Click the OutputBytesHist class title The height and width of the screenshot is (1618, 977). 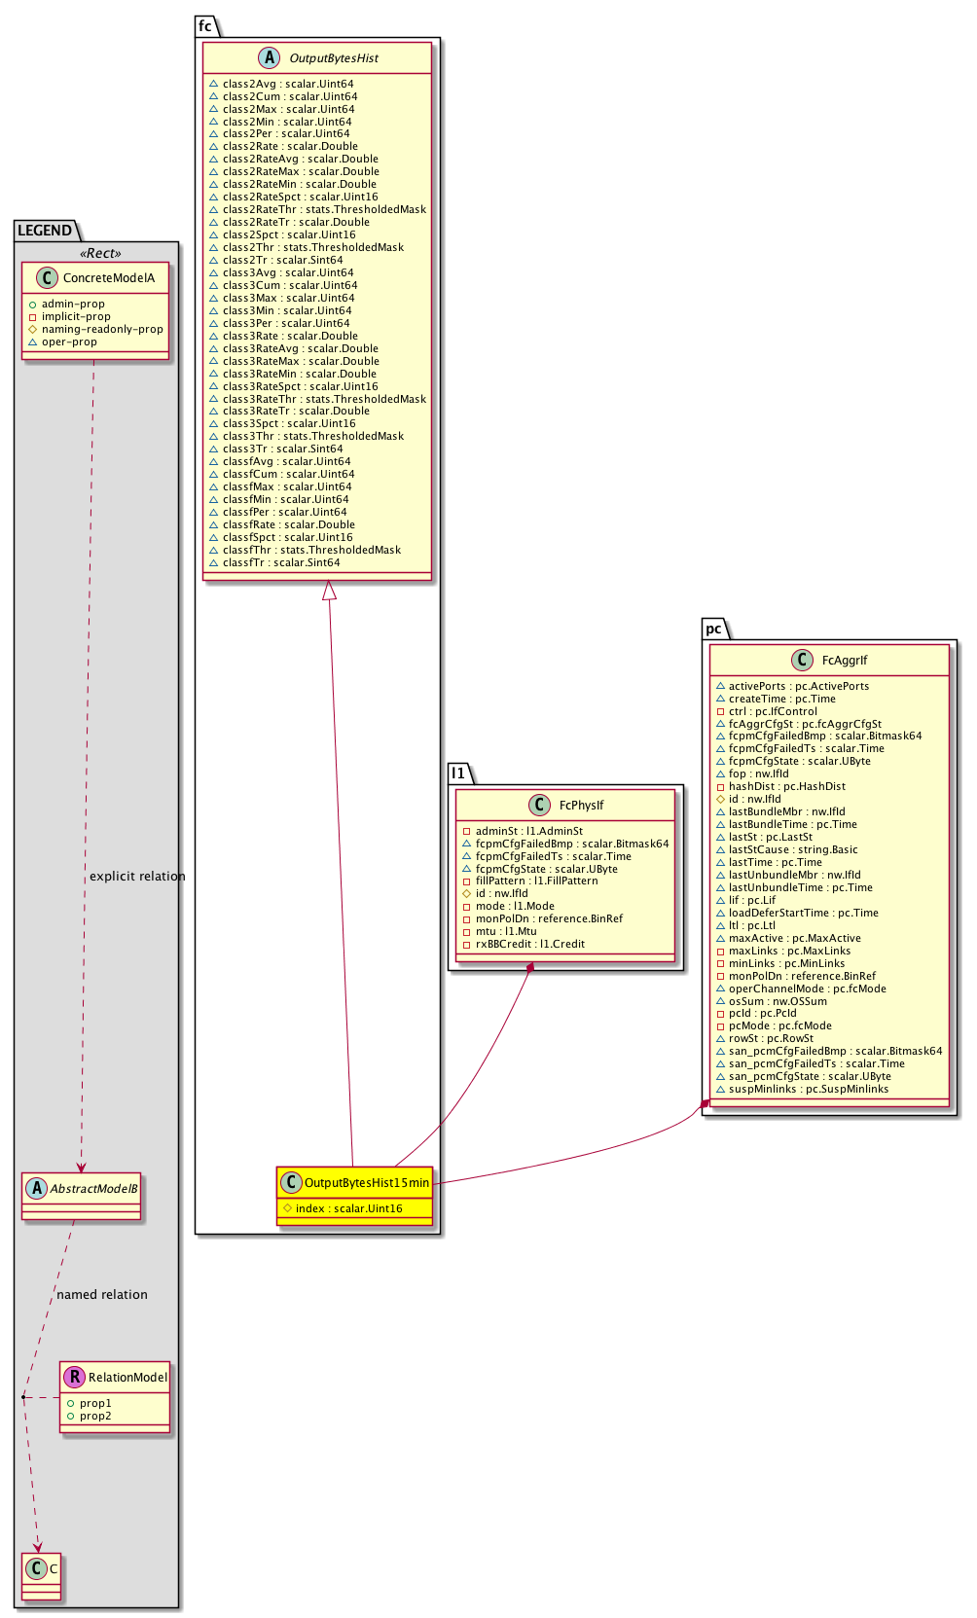click(x=334, y=58)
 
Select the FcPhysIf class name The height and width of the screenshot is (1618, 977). click(x=581, y=806)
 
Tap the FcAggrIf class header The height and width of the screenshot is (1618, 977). click(x=844, y=661)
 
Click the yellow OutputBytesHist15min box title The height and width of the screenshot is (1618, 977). click(x=366, y=1183)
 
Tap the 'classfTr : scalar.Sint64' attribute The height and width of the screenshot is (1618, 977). click(x=280, y=562)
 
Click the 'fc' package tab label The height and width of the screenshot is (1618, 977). click(x=205, y=26)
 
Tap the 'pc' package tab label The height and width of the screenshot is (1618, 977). click(x=713, y=629)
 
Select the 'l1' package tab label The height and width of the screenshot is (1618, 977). click(x=458, y=773)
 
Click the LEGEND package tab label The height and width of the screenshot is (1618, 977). click(x=45, y=231)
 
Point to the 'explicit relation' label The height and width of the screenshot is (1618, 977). click(x=137, y=877)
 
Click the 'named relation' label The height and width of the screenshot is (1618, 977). click(x=102, y=1295)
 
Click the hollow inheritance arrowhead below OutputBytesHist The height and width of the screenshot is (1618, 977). click(x=330, y=590)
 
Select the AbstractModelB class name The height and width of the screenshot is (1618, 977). click(x=93, y=1189)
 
